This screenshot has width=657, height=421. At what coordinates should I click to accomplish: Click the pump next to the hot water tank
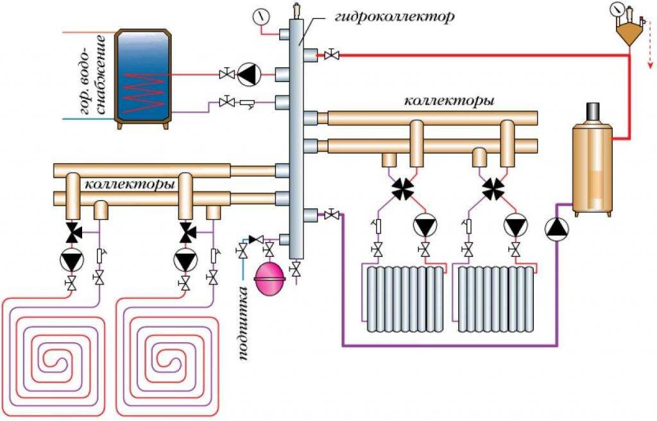coord(247,74)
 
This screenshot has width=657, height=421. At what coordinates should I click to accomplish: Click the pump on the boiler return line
coord(556,228)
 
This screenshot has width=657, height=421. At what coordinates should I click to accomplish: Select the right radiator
coord(495,298)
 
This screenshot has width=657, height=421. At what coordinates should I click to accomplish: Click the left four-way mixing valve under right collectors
coord(404,188)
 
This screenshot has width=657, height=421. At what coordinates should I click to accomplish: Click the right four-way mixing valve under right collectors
coord(494,188)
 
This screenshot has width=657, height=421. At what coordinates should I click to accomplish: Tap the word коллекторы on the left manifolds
coord(130,185)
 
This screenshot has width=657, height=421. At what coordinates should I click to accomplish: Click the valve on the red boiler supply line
coord(332,56)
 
